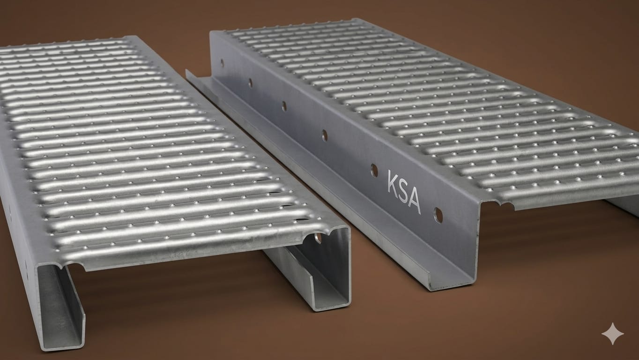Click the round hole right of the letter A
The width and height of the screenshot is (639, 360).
[x=438, y=216]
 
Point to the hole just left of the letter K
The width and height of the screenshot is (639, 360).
[x=374, y=171]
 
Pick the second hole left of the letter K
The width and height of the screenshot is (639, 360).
[x=325, y=135]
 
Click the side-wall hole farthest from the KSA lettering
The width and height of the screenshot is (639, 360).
[x=222, y=63]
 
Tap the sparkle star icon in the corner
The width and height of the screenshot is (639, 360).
[x=612, y=334]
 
